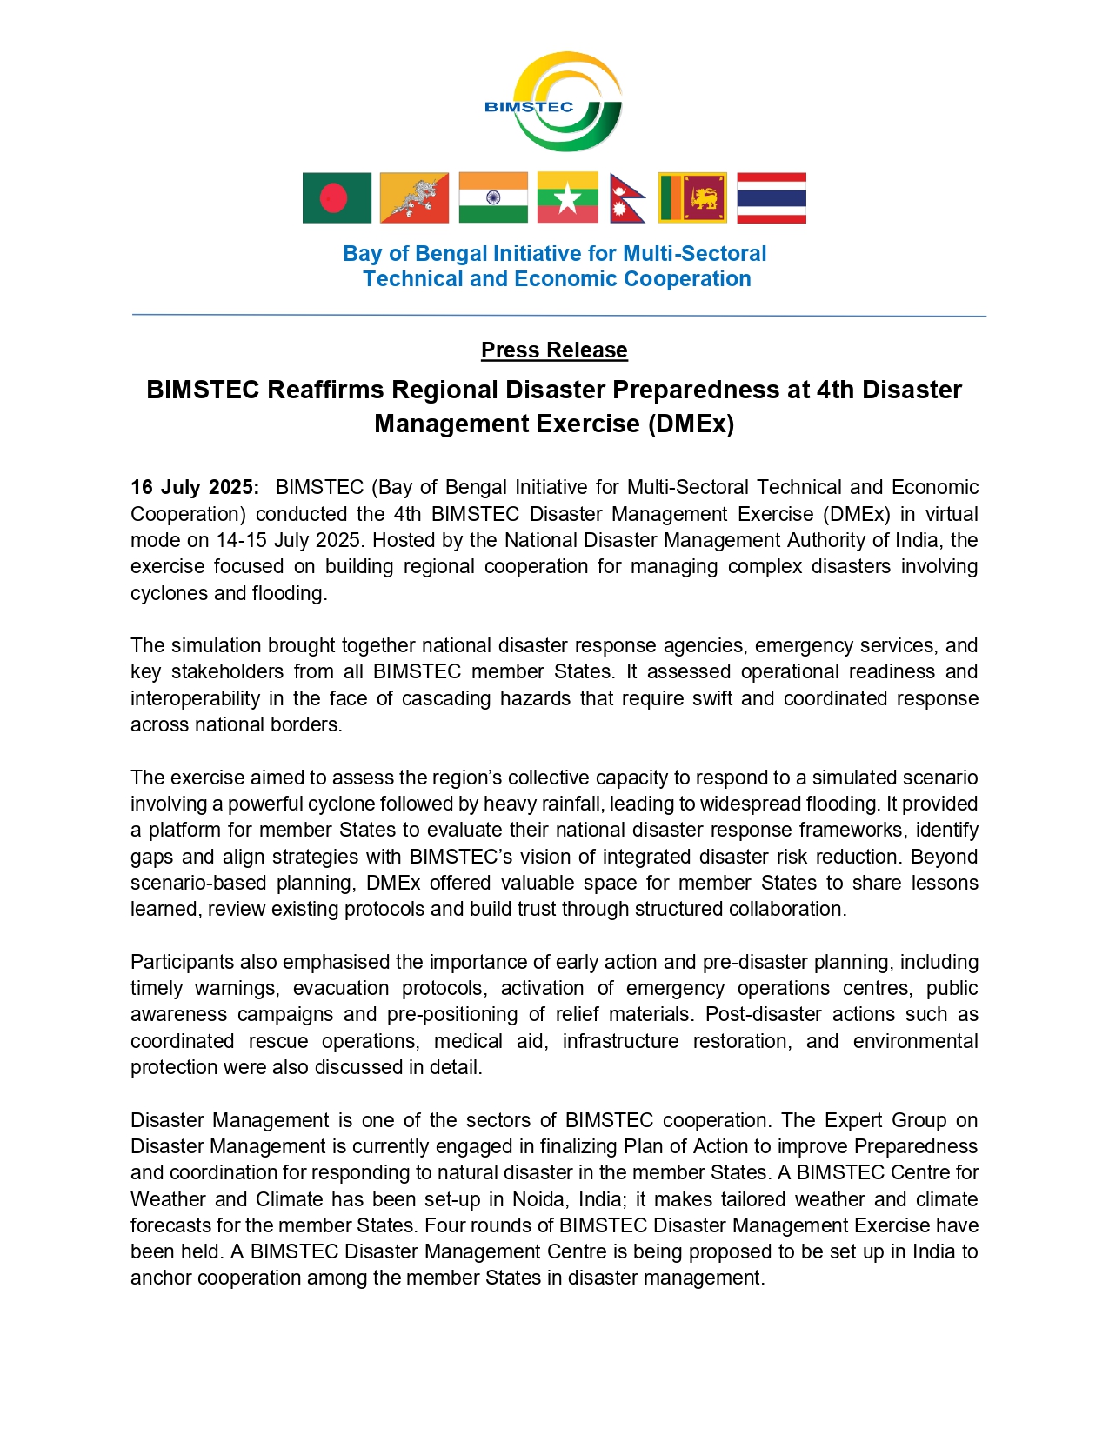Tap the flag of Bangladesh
337,198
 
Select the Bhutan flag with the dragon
415,198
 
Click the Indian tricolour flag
493,198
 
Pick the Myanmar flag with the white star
567,198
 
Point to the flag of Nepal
626,198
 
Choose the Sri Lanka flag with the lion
692,198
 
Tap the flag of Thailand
772,198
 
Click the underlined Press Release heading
554,350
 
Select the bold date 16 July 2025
194,487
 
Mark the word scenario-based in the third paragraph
198,883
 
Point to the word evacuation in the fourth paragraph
341,988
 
